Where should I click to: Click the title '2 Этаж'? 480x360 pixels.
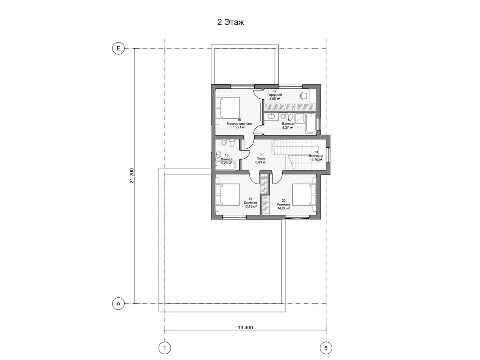coord(230,22)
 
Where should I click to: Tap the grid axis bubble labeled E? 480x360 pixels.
coord(118,48)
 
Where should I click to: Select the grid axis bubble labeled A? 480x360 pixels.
coord(118,304)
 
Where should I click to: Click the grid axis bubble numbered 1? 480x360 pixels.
coord(165,348)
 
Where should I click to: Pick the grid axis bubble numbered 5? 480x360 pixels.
coord(326,348)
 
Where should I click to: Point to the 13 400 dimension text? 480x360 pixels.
coord(245,327)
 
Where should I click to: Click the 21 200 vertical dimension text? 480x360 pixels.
coord(131,176)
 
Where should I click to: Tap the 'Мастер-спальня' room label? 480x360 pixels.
coord(239,124)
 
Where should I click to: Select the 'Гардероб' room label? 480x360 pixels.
coord(275,95)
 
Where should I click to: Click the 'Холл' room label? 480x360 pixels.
coord(261,158)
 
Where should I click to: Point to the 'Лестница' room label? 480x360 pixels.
coord(316,156)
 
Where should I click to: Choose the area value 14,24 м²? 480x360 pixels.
coord(284,208)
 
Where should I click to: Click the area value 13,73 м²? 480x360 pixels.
coord(250,206)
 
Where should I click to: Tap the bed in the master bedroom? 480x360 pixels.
coord(227,108)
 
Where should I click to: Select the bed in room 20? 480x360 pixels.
coord(304,195)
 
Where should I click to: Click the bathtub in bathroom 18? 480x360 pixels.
coord(311,123)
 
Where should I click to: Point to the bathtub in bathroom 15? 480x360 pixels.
coord(226,165)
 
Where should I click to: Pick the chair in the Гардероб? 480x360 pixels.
coord(303,96)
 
